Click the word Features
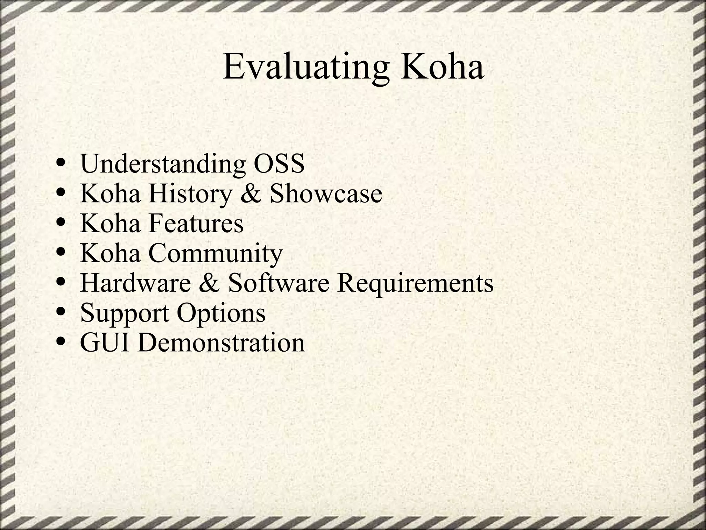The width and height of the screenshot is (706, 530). [x=196, y=223]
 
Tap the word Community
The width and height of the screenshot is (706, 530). [x=215, y=254]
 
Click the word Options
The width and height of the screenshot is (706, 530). [x=221, y=313]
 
